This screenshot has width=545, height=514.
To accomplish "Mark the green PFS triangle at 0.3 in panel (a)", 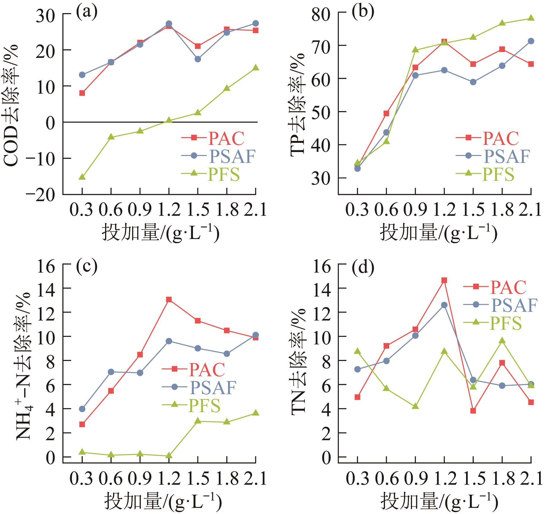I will pyautogui.click(x=82, y=177).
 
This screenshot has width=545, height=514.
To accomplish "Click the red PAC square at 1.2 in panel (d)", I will pyautogui.click(x=444, y=280).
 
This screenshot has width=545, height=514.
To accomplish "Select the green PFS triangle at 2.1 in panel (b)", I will pyautogui.click(x=531, y=18).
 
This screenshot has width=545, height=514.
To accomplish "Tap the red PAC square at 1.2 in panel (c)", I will pyautogui.click(x=169, y=299).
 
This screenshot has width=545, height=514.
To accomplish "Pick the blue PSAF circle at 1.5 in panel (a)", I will pyautogui.click(x=198, y=59).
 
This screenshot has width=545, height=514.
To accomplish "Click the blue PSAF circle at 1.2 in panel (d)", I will pyautogui.click(x=444, y=305).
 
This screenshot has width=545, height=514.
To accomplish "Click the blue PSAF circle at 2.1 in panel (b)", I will pyautogui.click(x=531, y=41).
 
